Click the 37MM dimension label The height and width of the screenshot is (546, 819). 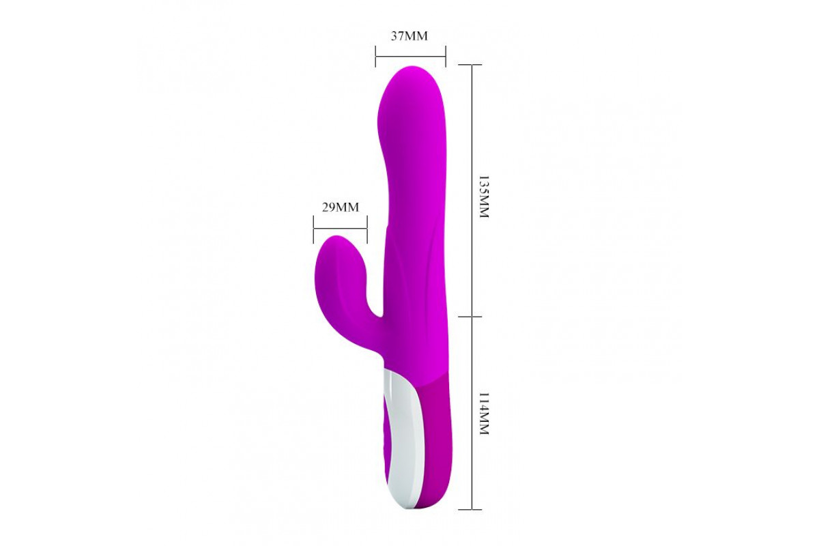click(x=409, y=36)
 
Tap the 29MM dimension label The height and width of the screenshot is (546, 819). click(x=341, y=207)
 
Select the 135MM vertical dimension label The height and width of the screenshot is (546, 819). click(x=484, y=197)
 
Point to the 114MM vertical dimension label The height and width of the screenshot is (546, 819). click(x=484, y=414)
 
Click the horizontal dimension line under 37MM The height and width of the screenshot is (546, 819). click(x=411, y=57)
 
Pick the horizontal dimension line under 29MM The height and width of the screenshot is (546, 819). click(x=340, y=229)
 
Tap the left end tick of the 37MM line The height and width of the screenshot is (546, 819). click(x=375, y=57)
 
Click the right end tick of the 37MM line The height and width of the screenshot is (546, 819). click(x=446, y=57)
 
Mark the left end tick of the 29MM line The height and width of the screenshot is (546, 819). click(x=313, y=230)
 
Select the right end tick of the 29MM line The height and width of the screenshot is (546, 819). click(x=367, y=230)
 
